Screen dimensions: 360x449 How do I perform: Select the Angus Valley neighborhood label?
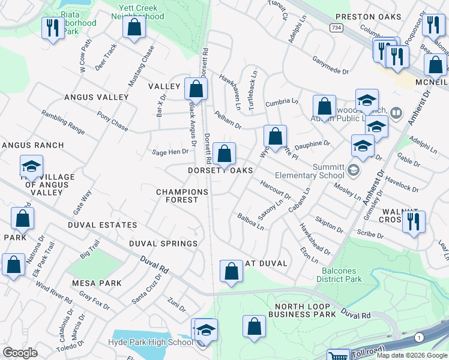(96, 97)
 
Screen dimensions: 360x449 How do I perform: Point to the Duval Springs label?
(163, 244)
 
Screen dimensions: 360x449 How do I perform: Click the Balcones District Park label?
(339, 275)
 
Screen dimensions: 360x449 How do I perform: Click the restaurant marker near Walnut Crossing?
(414, 221)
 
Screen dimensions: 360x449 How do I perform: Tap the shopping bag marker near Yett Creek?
(134, 28)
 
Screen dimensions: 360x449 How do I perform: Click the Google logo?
(20, 353)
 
